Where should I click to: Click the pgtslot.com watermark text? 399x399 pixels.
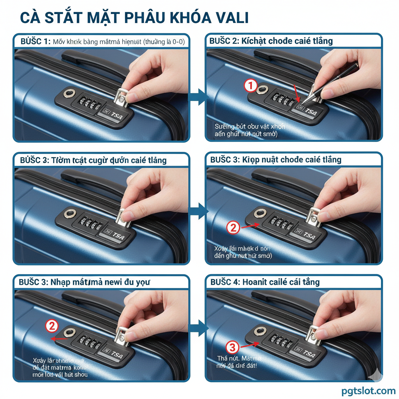coord(369,390)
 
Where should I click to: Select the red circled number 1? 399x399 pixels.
coord(251,85)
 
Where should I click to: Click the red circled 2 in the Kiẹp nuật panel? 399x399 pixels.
coord(233,227)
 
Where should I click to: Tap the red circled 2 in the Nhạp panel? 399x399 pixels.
coord(52,325)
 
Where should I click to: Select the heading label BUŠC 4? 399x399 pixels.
coord(225,282)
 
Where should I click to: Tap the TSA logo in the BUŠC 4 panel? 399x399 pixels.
coord(309,354)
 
